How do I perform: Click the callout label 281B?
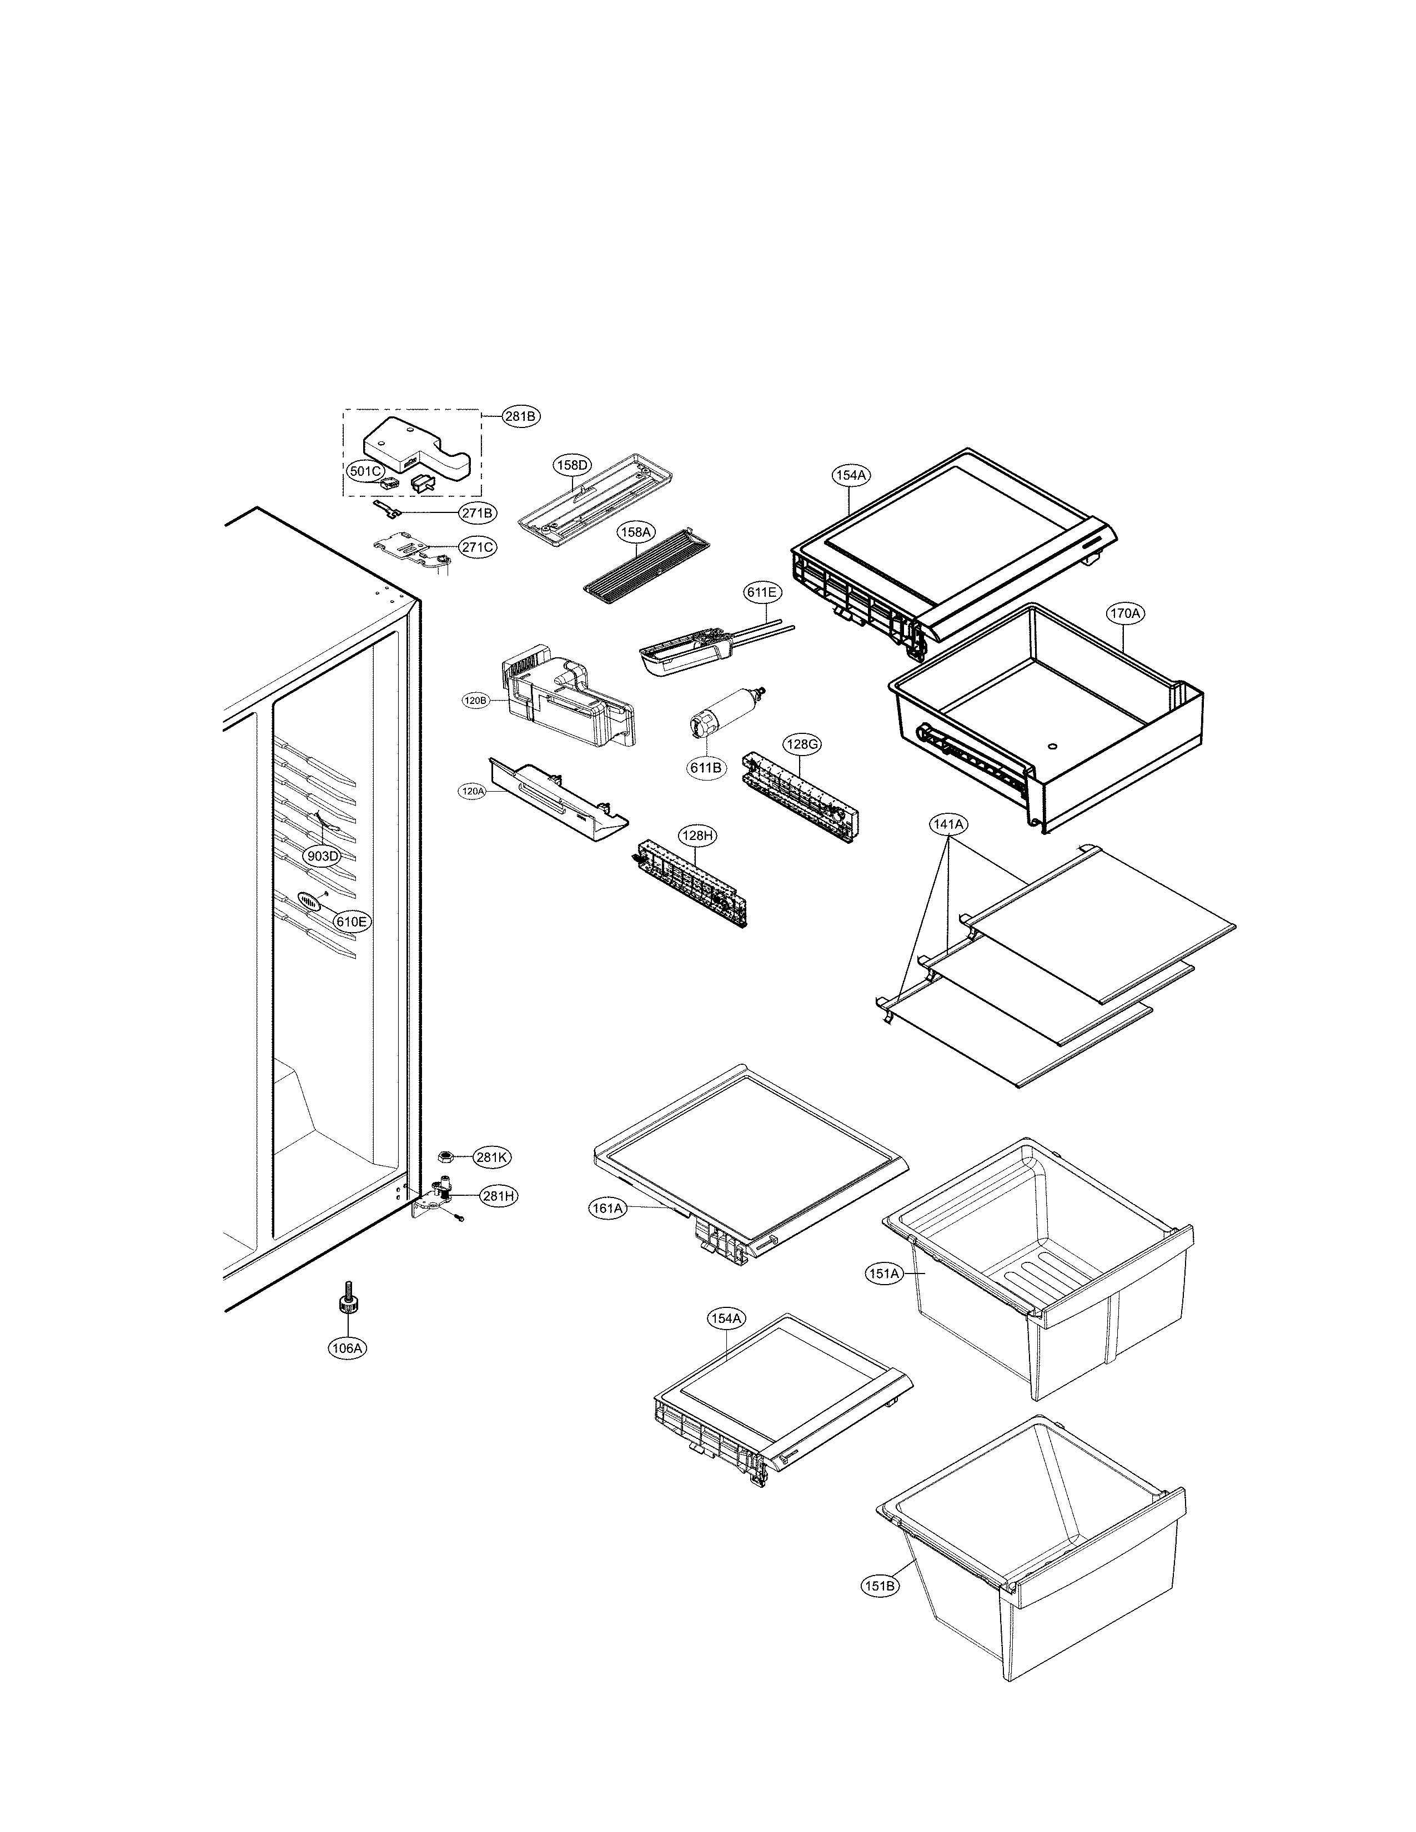(521, 416)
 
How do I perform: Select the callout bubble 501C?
(365, 471)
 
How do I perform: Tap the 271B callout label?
(476, 512)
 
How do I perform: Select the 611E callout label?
(762, 592)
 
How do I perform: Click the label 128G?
(801, 743)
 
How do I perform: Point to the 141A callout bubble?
(948, 824)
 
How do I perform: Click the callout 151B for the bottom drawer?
(879, 1586)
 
